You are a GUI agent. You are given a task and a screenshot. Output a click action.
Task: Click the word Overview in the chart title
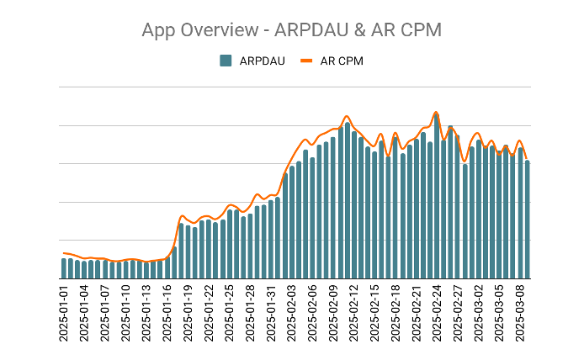tap(215, 30)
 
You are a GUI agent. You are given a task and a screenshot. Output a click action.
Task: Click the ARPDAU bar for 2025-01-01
tap(64, 268)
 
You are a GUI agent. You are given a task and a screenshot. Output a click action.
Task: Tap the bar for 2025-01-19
tap(188, 252)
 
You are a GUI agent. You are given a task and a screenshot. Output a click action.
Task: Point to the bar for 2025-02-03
tap(291, 223)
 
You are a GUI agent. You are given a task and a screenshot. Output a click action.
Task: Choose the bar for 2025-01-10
tap(126, 269)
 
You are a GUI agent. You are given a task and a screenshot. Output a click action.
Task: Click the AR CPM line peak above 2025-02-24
tap(436, 112)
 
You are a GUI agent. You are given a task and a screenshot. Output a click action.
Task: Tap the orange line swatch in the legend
tap(306, 61)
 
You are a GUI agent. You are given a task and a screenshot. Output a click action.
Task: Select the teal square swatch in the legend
tap(226, 61)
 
